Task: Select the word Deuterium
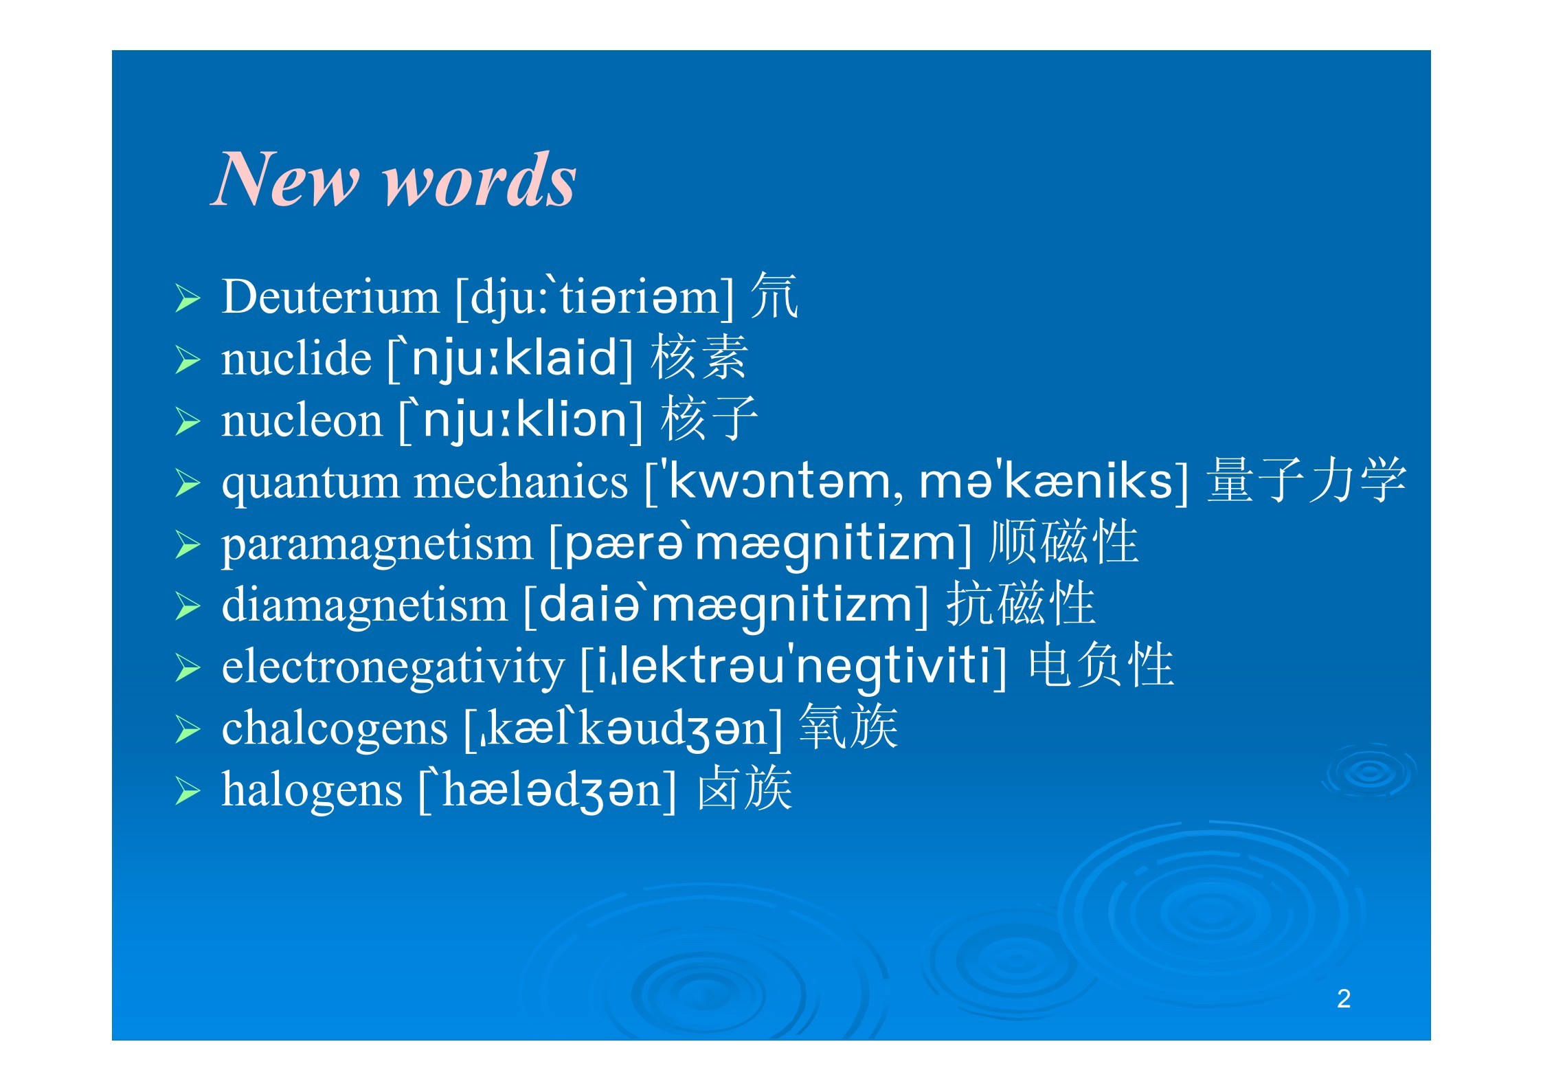pos(330,297)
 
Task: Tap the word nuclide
pos(296,358)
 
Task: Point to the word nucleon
pos(302,420)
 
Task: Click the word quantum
pos(310,483)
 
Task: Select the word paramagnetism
pos(377,545)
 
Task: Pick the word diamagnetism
pos(364,605)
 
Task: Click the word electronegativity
pos(392,667)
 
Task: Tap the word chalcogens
pos(335,729)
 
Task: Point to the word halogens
pos(312,790)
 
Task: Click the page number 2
pos(1344,999)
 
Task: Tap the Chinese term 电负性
pos(1101,665)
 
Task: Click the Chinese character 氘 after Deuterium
pos(774,296)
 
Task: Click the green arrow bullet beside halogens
pos(188,792)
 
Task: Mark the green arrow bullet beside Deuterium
pos(188,298)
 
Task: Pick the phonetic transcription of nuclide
pos(510,358)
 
